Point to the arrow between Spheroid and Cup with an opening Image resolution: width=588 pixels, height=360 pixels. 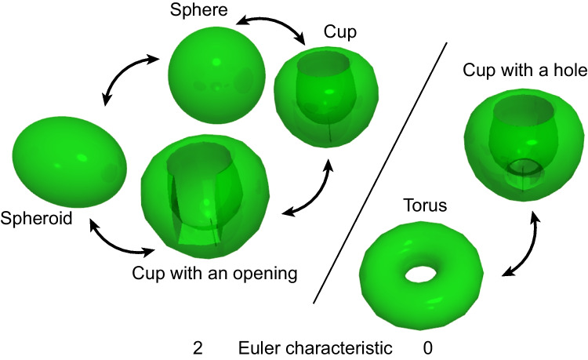pyautogui.click(x=118, y=242)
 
